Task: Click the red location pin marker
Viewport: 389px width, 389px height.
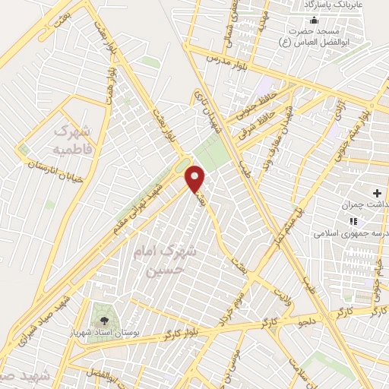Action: click(196, 179)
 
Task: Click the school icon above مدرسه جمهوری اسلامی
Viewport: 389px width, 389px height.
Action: click(352, 222)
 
